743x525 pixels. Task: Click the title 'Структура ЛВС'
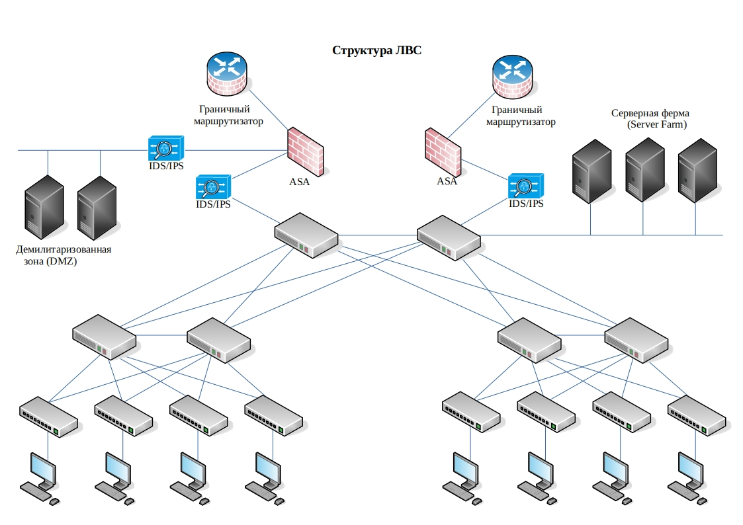click(x=376, y=50)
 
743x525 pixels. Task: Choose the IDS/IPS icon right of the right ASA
click(x=525, y=186)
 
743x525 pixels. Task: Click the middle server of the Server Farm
click(x=644, y=170)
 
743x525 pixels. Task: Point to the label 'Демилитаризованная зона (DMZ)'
click(x=64, y=255)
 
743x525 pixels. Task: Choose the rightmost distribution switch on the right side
click(x=636, y=340)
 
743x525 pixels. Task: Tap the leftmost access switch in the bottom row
click(x=48, y=417)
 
